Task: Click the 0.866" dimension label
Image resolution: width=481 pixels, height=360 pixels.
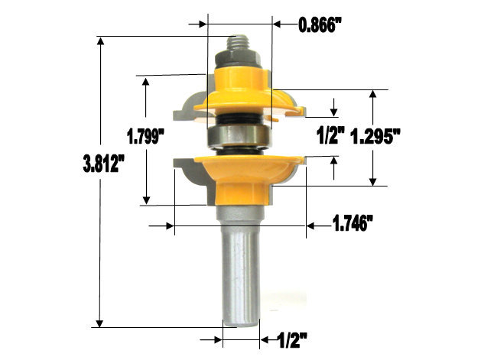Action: pyautogui.click(x=320, y=24)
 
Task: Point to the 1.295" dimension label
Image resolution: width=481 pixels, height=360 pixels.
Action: pyautogui.click(x=376, y=138)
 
